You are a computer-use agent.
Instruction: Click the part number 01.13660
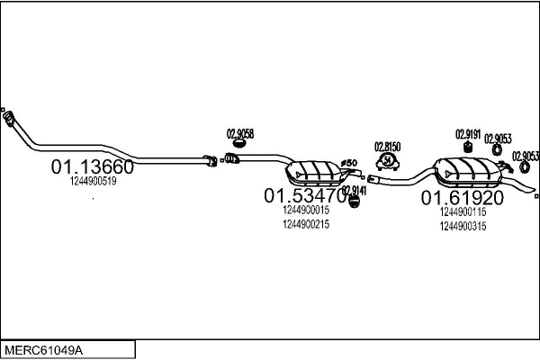(92, 166)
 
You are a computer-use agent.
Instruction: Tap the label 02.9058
(239, 133)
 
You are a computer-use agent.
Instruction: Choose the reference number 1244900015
(306, 210)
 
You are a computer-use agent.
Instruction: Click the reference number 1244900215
(306, 224)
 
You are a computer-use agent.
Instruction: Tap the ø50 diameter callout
(351, 162)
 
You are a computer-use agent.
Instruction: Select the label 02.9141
(355, 191)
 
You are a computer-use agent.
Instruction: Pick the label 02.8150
(388, 146)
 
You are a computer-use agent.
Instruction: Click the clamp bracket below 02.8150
(388, 161)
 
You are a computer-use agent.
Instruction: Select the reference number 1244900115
(463, 211)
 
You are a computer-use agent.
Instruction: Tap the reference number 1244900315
(463, 226)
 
